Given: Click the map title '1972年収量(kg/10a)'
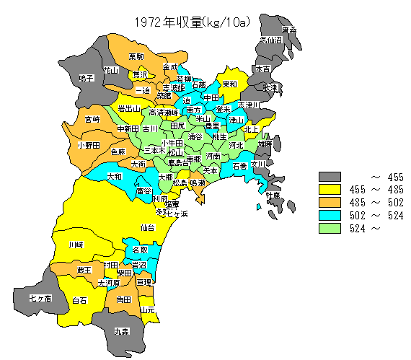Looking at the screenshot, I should point(191,22).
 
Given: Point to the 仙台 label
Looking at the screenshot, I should point(147,227).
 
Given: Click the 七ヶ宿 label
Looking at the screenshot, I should point(40,297).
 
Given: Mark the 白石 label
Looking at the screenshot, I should point(80,299).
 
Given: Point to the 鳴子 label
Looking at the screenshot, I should point(87,78).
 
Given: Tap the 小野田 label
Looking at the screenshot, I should point(88,144).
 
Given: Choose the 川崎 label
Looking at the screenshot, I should point(75,245).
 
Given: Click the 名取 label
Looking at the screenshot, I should point(140,250).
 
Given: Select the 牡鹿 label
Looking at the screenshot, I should point(271,196).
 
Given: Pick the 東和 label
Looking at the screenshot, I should point(229,84).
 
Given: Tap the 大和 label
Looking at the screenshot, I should point(114,176).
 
